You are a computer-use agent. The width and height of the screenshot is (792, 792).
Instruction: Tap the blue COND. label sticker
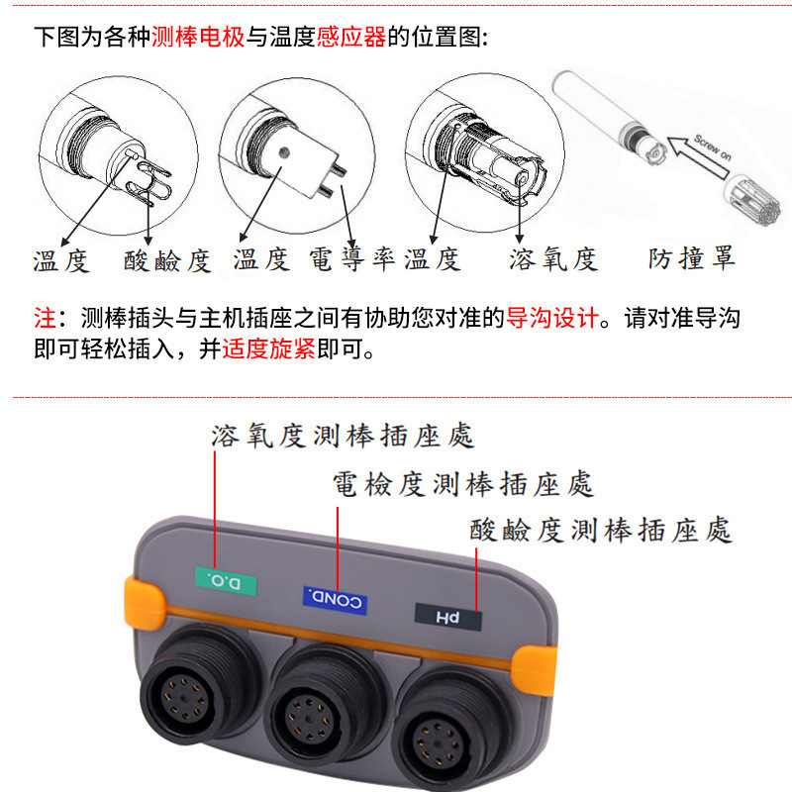[335, 598]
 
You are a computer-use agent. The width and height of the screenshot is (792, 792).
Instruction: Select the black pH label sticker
[448, 617]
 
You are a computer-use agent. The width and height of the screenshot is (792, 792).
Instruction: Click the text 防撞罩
[692, 259]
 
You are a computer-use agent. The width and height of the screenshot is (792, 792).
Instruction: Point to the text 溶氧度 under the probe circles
[553, 259]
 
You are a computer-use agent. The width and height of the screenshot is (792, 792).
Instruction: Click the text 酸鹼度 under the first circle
[167, 260]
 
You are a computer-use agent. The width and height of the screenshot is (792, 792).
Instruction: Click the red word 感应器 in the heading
[350, 38]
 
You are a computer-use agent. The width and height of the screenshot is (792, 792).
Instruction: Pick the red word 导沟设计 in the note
[552, 319]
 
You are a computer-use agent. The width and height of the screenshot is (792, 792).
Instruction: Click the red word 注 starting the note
[45, 319]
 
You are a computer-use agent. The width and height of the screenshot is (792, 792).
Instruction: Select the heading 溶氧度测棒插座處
[343, 436]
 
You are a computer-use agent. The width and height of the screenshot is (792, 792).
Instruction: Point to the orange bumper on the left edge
[141, 608]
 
